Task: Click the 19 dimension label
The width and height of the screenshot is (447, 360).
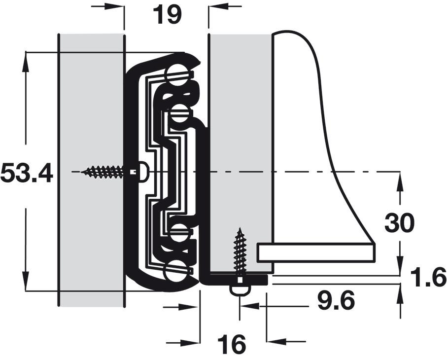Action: (x=167, y=15)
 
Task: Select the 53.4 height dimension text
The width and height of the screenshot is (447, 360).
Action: (x=27, y=174)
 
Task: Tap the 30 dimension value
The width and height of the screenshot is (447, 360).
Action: (x=399, y=223)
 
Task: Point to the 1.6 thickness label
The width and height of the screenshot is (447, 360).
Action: (x=428, y=277)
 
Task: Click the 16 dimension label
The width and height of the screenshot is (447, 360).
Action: (x=231, y=344)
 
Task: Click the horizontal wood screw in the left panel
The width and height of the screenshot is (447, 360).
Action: (x=103, y=172)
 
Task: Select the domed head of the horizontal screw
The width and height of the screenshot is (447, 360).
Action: (x=143, y=172)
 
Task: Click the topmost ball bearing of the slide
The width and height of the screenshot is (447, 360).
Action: (x=175, y=75)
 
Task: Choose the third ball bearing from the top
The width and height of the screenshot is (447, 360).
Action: (x=179, y=233)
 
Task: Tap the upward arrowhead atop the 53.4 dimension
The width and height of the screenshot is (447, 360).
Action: (x=26, y=61)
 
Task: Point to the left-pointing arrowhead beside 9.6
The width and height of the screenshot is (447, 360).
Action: (x=250, y=306)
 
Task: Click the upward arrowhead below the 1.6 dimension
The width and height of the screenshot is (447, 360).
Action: (x=401, y=293)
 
